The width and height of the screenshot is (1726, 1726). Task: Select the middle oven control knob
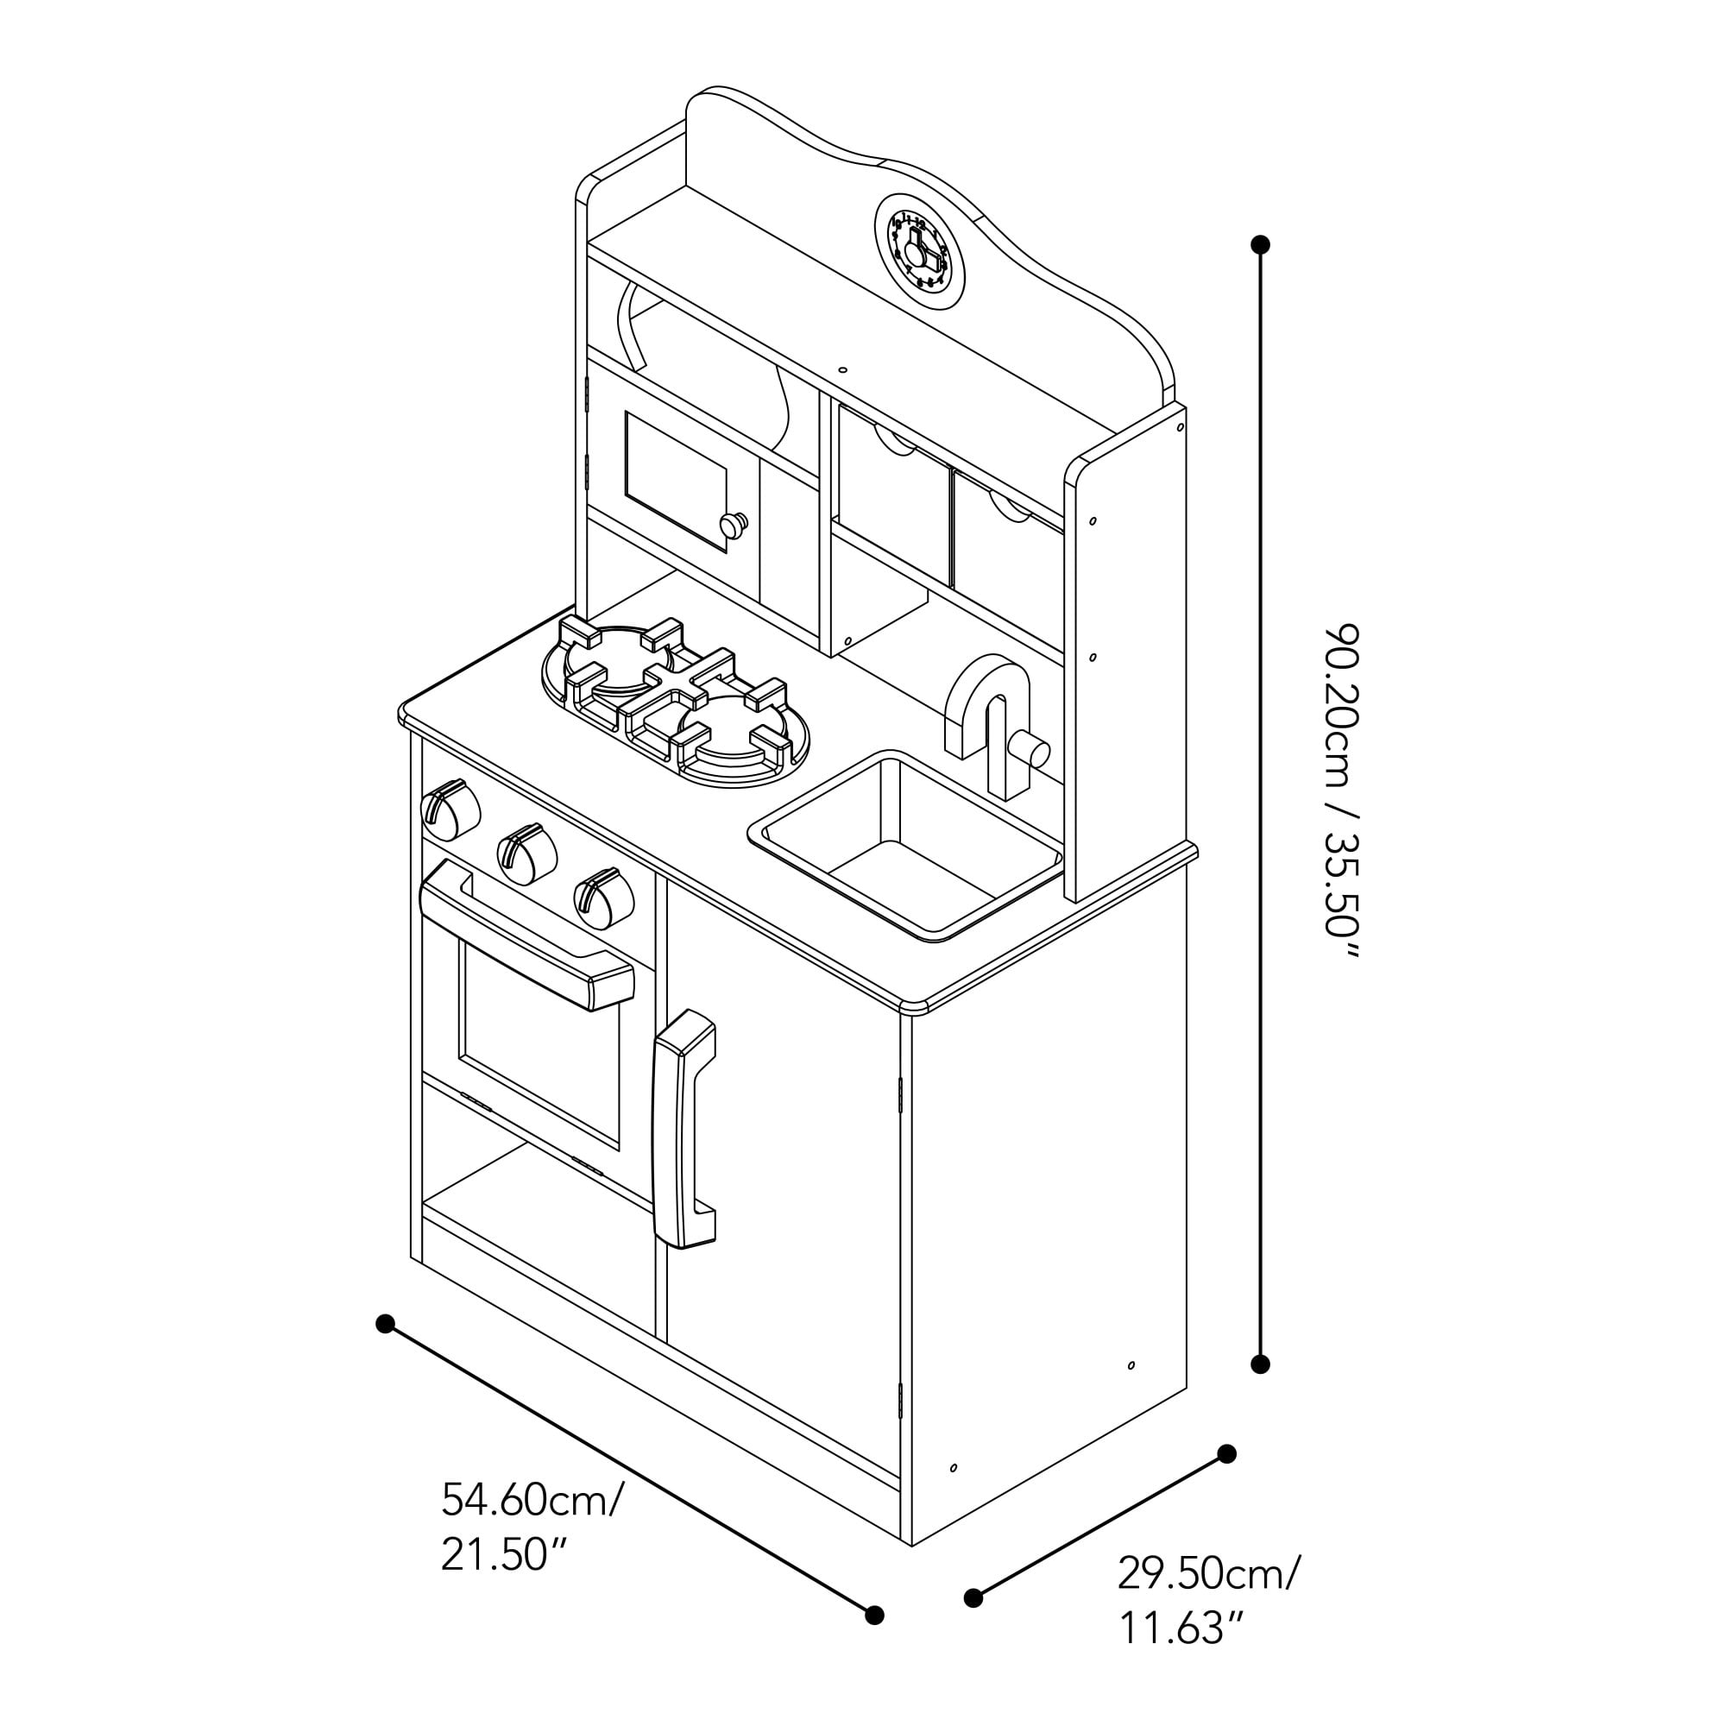526,853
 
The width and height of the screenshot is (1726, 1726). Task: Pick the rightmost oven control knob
603,897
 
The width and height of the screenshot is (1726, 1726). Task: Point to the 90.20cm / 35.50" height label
1341,791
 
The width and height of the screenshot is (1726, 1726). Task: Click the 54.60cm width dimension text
532,1500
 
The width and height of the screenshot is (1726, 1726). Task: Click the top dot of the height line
1261,244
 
